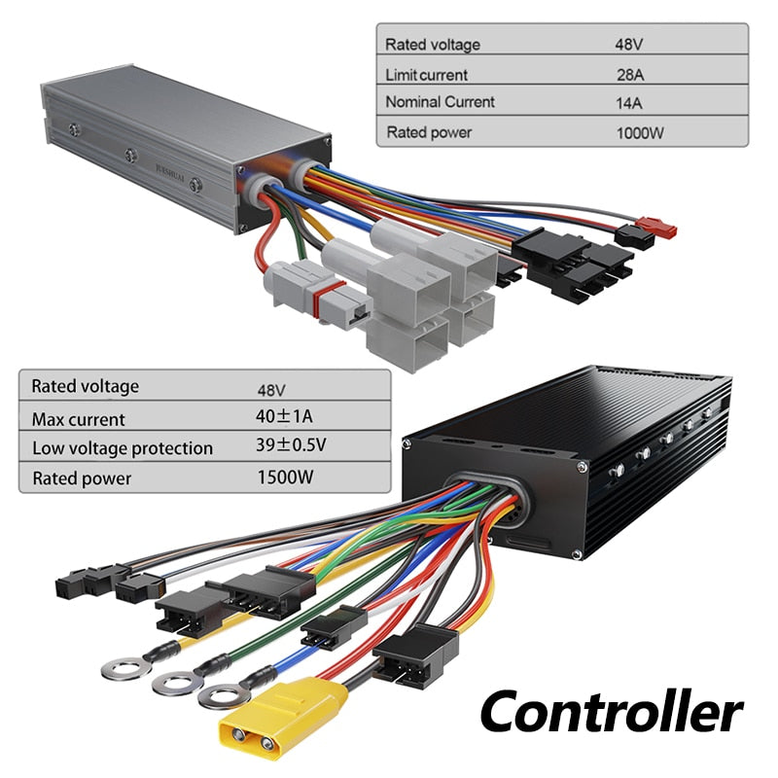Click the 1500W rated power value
click(x=285, y=477)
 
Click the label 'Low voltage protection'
click(x=123, y=448)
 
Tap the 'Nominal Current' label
click(x=440, y=102)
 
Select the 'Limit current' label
click(x=426, y=74)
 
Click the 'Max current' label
click(x=78, y=419)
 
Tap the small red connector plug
click(x=661, y=231)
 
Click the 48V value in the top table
click(x=630, y=45)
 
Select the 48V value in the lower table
click(x=271, y=390)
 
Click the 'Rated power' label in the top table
click(x=428, y=132)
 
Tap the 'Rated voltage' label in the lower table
click(x=86, y=386)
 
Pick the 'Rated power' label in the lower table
click(x=82, y=477)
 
